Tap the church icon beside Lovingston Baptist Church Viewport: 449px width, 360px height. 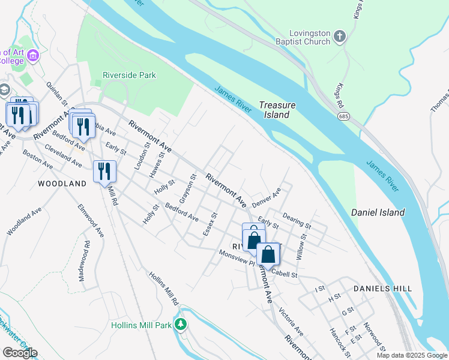pyautogui.click(x=340, y=37)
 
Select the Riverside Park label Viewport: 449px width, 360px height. pyautogui.click(x=129, y=75)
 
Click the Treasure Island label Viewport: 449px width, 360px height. pyautogui.click(x=278, y=110)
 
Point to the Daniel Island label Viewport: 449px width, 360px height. pyautogui.click(x=378, y=212)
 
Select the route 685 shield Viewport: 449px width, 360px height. pyautogui.click(x=343, y=117)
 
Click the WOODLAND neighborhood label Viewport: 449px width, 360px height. pyautogui.click(x=62, y=184)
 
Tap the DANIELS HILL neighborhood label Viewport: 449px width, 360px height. pyautogui.click(x=382, y=289)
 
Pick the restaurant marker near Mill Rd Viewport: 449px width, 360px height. pyautogui.click(x=104, y=172)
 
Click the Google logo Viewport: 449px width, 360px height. pyautogui.click(x=20, y=352)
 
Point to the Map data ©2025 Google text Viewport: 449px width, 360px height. pyautogui.click(x=412, y=355)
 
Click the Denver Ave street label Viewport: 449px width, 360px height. pyautogui.click(x=266, y=197)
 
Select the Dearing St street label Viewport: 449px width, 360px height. pyautogui.click(x=296, y=221)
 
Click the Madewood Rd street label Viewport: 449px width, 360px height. pyautogui.click(x=84, y=261)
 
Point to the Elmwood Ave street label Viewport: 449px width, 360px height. pyautogui.click(x=89, y=220)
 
